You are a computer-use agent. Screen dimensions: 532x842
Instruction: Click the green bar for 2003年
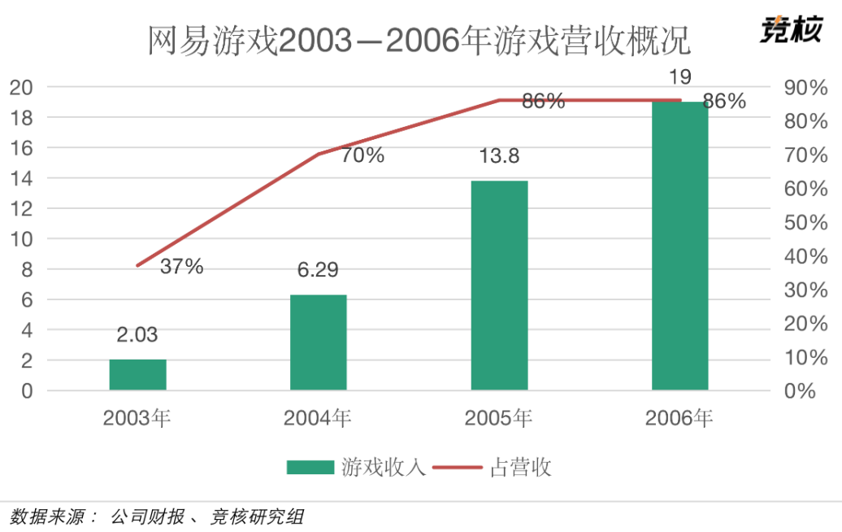[x=137, y=375]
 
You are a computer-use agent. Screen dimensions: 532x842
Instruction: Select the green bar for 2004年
[x=319, y=342]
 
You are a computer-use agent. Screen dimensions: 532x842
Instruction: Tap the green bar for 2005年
[x=499, y=286]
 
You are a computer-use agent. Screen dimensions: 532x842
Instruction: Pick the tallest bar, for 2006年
[x=680, y=246]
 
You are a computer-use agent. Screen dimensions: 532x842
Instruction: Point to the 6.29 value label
[x=318, y=269]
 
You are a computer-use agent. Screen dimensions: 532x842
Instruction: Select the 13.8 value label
[x=498, y=155]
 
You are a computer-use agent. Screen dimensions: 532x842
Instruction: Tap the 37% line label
[x=181, y=266]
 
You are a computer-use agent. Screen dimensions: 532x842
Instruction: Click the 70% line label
[x=362, y=155]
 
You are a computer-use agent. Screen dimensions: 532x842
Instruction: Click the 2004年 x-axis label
[x=318, y=419]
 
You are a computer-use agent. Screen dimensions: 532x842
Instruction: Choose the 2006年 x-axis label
[x=679, y=419]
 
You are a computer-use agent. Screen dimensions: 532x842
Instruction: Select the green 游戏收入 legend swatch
[x=310, y=467]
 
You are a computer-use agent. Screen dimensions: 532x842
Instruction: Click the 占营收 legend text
[x=521, y=467]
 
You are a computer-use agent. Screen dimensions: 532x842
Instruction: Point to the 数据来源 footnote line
[x=158, y=517]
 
